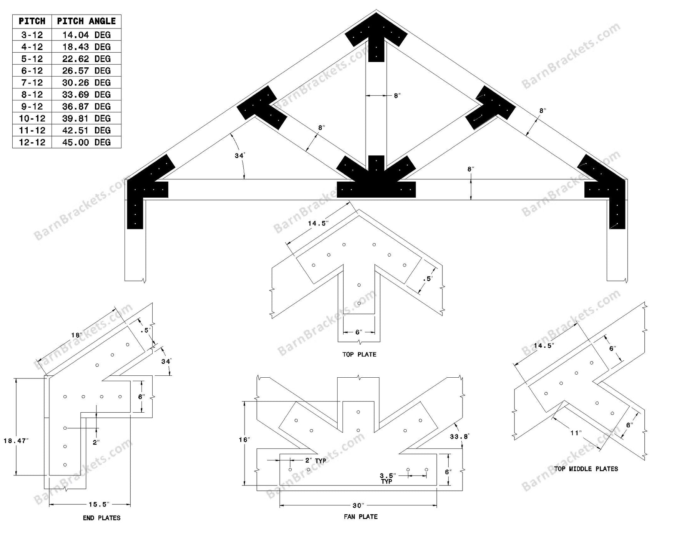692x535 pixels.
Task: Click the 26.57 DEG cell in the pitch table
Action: tap(86, 71)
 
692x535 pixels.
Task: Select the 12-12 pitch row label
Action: tap(32, 142)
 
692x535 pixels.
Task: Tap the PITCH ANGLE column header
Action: tap(86, 21)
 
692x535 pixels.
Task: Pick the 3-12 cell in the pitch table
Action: tap(32, 35)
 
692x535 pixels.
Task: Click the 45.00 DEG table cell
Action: tap(86, 142)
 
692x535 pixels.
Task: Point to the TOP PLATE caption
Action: tap(359, 354)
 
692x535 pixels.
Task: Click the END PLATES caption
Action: tap(101, 518)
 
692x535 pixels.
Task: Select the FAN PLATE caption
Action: tap(360, 517)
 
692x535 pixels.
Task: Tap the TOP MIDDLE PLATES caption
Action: tap(586, 469)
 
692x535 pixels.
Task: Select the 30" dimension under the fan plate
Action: tap(358, 505)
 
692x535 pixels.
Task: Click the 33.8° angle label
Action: tap(459, 437)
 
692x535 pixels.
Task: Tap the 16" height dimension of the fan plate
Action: tap(244, 440)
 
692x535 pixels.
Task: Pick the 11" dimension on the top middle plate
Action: tap(576, 433)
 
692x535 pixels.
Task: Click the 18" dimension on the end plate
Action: tap(77, 335)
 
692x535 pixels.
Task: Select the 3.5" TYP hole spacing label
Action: tap(388, 478)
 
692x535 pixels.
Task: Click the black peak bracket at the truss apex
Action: tap(376, 35)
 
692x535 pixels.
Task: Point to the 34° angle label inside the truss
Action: tap(240, 156)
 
